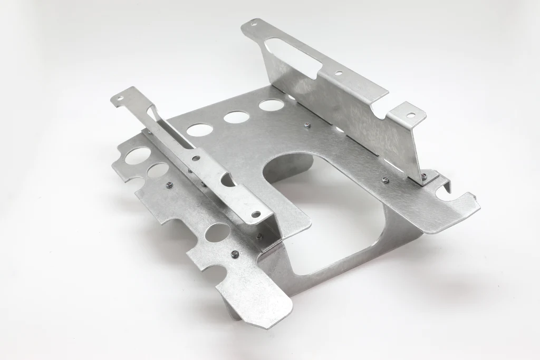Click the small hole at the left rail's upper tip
(120, 98)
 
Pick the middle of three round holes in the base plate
(236, 116)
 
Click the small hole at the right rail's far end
(257, 24)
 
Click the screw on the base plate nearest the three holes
(307, 125)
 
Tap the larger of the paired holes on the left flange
(138, 155)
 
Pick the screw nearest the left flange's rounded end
(235, 254)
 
